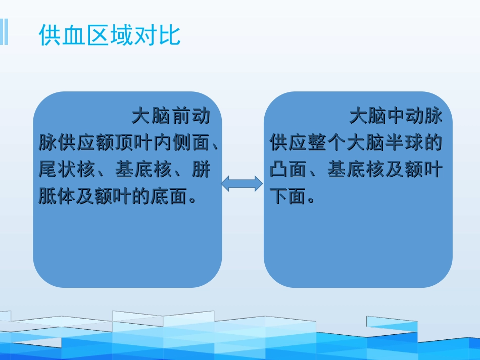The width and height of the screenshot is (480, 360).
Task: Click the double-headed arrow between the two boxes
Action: point(242,183)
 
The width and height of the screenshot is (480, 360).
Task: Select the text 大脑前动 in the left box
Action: point(170,117)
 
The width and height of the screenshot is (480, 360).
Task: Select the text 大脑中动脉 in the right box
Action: point(396,117)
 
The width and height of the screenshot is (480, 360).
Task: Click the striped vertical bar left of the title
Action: point(4,32)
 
